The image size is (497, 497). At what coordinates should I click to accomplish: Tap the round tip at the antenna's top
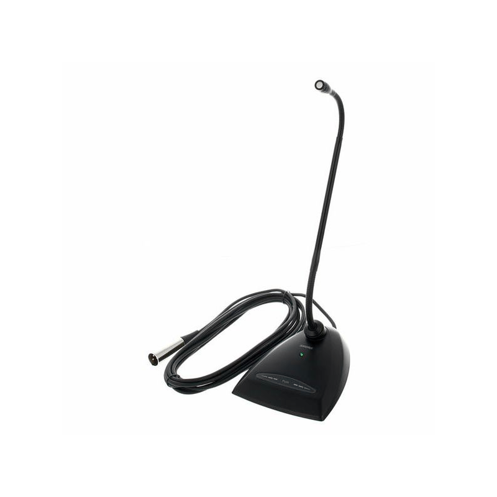(319, 86)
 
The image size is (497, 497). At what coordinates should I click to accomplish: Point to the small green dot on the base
(302, 355)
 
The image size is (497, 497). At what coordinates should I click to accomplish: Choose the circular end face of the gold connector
(151, 358)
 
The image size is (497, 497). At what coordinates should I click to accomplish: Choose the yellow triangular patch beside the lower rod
(317, 280)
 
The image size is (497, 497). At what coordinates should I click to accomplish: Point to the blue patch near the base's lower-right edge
(337, 407)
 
